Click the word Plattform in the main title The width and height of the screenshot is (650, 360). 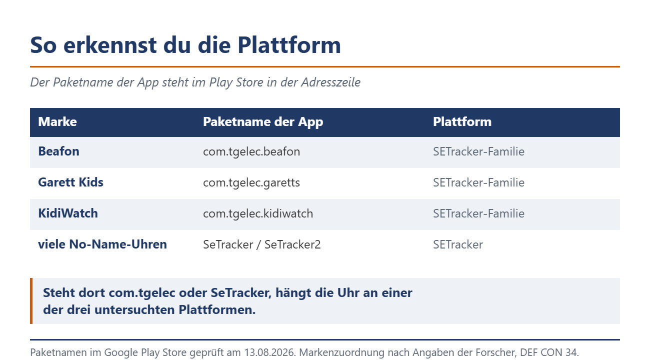coord(289,45)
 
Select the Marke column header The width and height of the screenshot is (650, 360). coord(57,122)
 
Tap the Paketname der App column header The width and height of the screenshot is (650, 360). coord(263,122)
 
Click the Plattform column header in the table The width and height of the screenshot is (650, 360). coord(462,122)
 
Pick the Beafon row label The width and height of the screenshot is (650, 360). coord(58,151)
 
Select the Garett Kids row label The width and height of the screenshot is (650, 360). coord(70,182)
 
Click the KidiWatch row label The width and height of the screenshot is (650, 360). coord(68,213)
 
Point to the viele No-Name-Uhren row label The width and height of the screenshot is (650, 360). coord(102,244)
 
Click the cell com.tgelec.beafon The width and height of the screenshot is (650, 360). coord(251,152)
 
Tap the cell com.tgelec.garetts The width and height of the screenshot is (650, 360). coord(251,183)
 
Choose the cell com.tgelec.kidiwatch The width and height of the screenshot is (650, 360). coord(258,214)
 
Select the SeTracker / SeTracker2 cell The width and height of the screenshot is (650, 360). coord(261,244)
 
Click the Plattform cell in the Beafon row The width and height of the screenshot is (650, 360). coord(478,151)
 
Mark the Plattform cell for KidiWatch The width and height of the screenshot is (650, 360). coord(478,214)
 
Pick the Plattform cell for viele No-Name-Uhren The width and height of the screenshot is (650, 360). coord(458,244)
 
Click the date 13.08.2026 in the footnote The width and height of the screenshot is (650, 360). coord(269,352)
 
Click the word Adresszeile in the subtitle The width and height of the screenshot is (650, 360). coord(330,82)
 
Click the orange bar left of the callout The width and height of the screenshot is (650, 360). coord(31,301)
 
